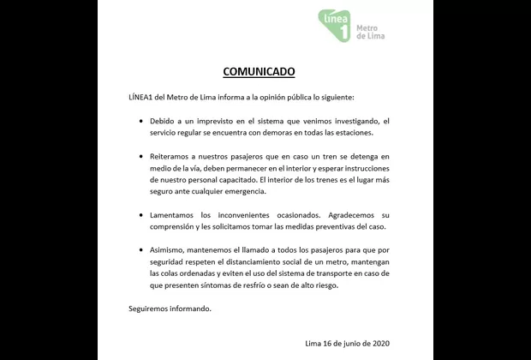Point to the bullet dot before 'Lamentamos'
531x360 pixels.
[x=142, y=214]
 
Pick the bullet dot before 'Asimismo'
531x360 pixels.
[x=142, y=249]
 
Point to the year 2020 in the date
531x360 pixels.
[x=379, y=344]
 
